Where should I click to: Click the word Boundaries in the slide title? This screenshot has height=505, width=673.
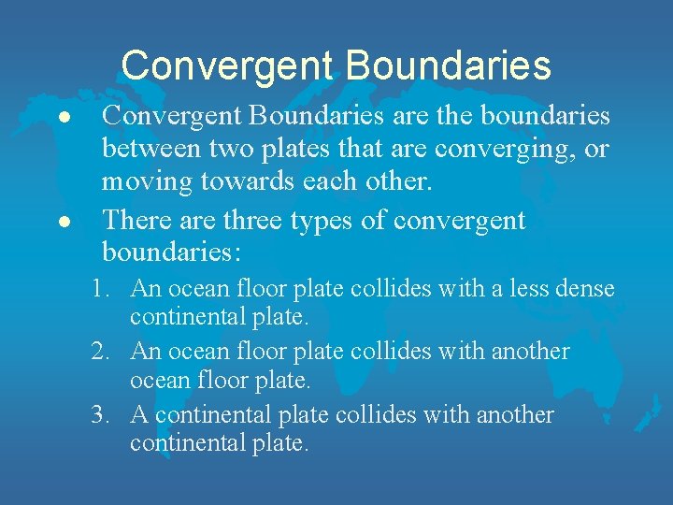coord(448,65)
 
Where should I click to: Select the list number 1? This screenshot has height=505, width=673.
coord(102,289)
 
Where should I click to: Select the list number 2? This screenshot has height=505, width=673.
coord(102,352)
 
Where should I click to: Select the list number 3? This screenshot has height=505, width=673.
coord(102,415)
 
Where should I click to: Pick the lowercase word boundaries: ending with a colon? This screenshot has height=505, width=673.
coord(171,252)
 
